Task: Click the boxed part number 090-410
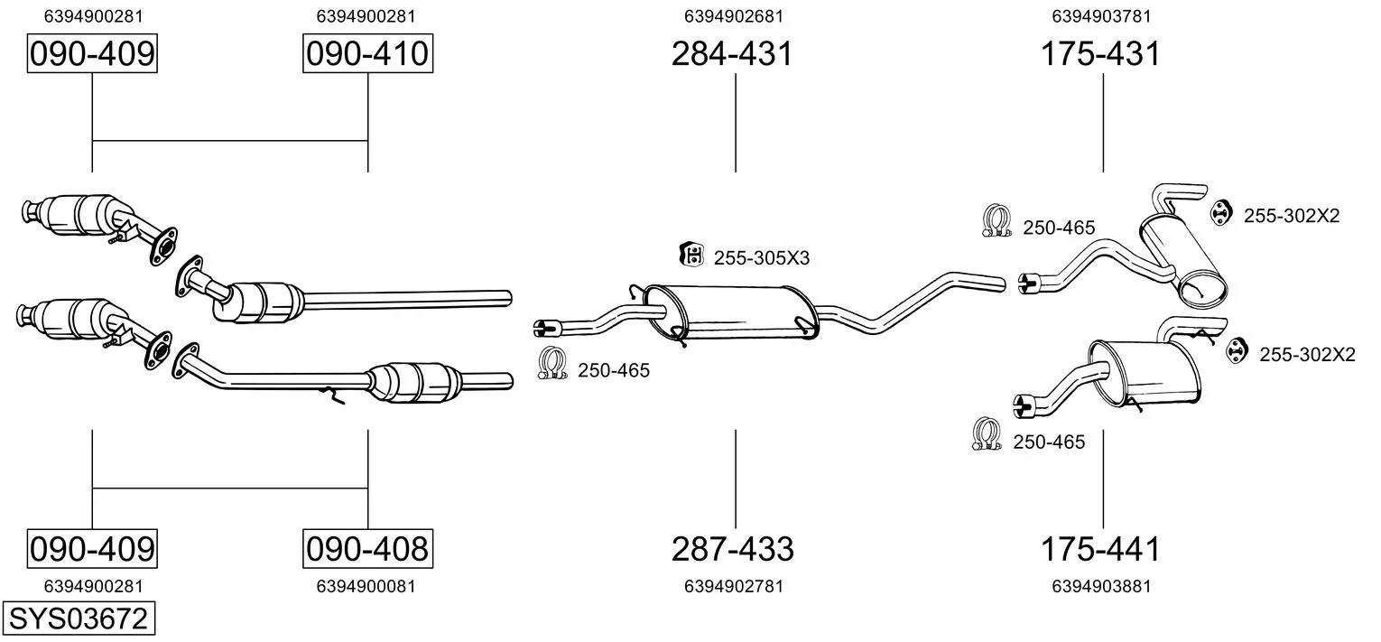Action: [x=367, y=53]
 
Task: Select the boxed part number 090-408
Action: [x=367, y=548]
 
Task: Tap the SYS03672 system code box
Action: [x=79, y=618]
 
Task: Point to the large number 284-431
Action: [x=732, y=53]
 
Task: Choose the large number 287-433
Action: [x=732, y=549]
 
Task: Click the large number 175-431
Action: [x=1100, y=53]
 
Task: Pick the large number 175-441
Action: [x=1100, y=549]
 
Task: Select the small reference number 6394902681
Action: [x=734, y=16]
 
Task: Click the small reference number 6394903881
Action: [x=1101, y=586]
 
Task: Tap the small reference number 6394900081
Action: [x=366, y=586]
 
